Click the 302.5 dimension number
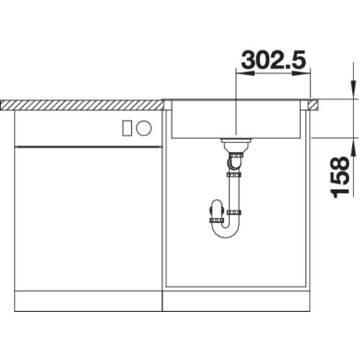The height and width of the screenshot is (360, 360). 274,59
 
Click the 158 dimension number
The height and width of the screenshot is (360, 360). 340,177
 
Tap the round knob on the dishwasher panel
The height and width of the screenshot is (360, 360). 144,127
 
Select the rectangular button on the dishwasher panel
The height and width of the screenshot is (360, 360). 127,128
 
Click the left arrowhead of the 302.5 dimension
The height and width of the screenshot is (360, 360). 246,73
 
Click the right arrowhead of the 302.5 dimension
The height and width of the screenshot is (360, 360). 302,73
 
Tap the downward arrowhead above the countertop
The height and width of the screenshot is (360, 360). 353,89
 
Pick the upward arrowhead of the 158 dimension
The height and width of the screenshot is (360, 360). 353,147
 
